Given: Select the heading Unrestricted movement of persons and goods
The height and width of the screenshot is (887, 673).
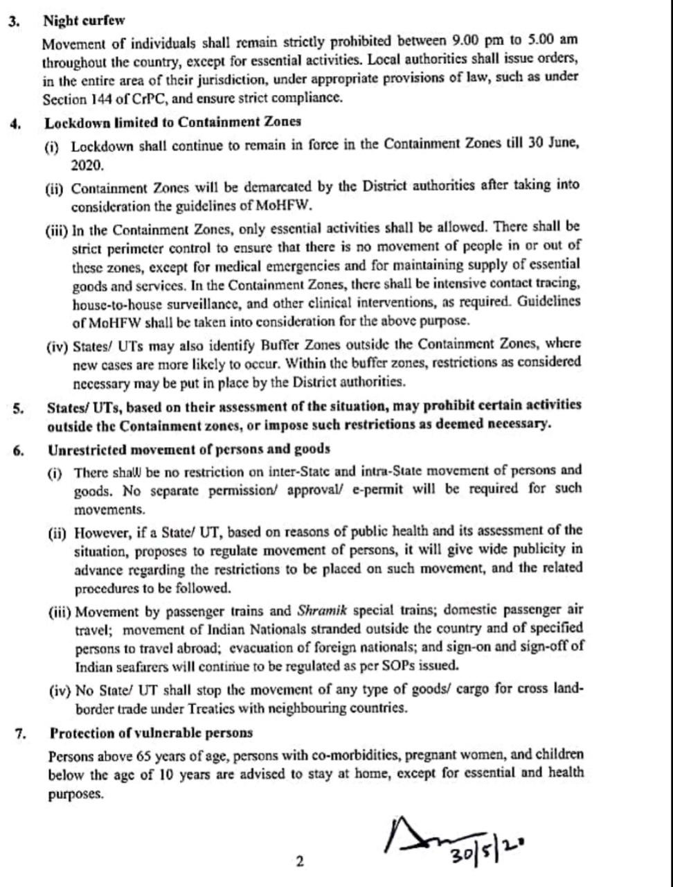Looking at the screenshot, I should (189, 450).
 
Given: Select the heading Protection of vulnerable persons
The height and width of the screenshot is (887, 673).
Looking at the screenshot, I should (151, 732).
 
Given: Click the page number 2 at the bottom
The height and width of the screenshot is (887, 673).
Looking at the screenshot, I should (300, 862).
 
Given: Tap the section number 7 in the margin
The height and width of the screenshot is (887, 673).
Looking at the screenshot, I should (20, 733).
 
